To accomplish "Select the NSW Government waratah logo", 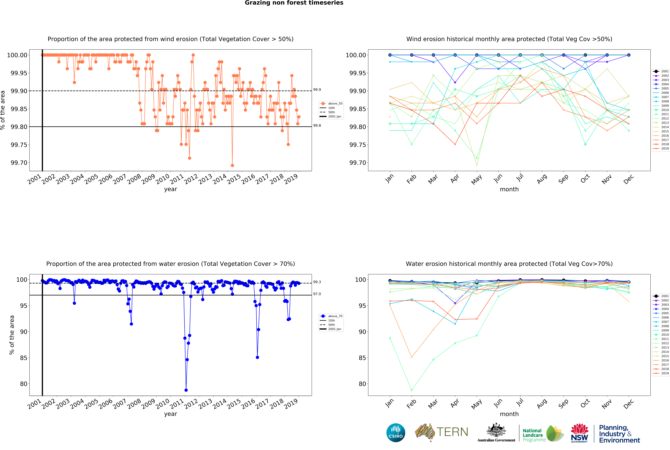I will coord(579,433).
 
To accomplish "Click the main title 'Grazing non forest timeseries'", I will coord(294,3).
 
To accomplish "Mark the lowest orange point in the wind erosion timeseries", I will coord(232,166).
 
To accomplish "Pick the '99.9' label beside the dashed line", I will coord(317,90).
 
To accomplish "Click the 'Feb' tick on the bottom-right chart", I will coord(411,404).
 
